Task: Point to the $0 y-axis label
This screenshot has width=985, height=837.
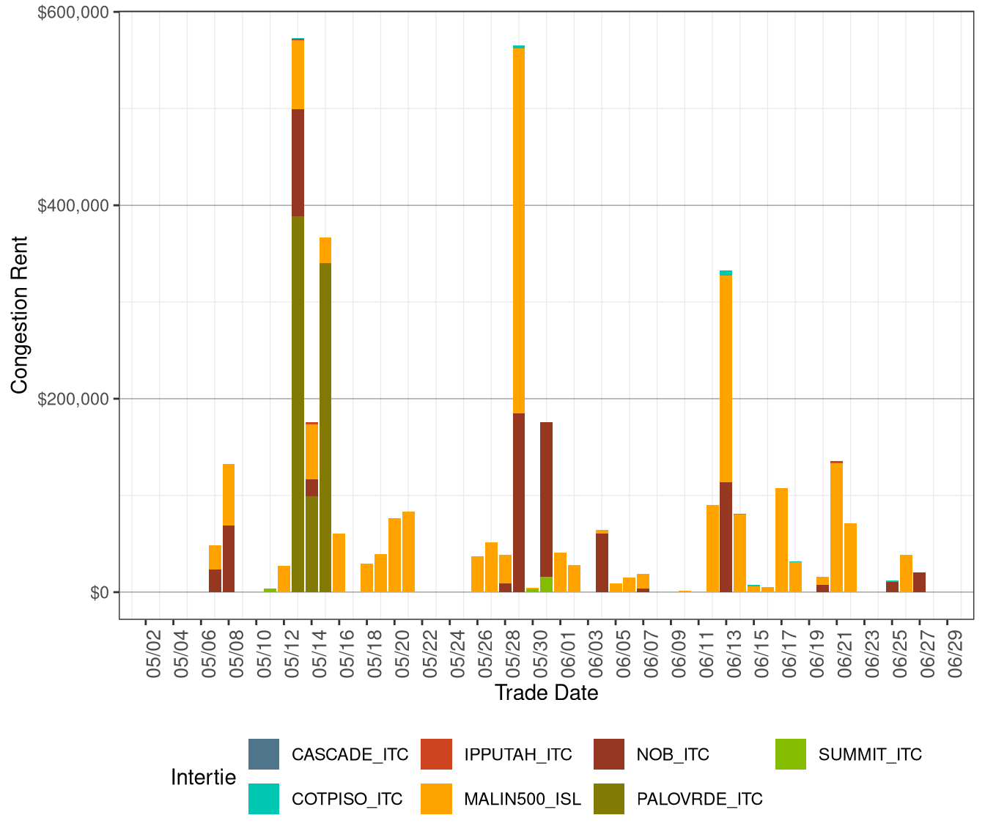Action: coord(100,593)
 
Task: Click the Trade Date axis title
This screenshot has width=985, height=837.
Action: coord(546,693)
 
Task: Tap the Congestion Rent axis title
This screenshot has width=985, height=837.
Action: coord(20,314)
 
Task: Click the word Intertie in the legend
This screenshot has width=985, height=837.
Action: coord(203,778)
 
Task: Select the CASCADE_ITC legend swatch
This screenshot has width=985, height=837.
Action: coord(264,755)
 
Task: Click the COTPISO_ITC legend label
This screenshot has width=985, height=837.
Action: coord(347,800)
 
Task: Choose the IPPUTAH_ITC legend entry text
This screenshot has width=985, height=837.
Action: coord(517,755)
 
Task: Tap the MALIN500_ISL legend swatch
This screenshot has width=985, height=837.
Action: coord(436,800)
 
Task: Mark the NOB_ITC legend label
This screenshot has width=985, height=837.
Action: coord(673,755)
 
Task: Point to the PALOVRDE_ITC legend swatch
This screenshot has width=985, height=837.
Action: coord(609,800)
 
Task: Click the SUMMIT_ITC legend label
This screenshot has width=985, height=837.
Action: coord(870,755)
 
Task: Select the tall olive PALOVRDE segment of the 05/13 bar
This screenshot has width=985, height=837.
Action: coord(298,403)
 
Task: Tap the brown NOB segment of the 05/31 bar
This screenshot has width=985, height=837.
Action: coord(547,498)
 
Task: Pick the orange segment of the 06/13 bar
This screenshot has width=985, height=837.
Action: coord(726,377)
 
